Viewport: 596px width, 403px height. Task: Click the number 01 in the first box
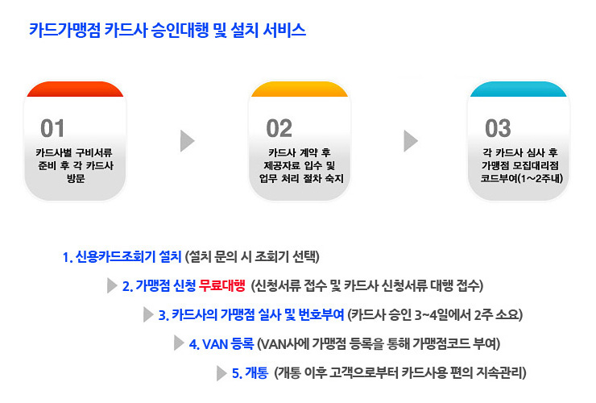click(x=52, y=128)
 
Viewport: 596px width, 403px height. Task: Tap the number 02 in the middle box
click(x=279, y=128)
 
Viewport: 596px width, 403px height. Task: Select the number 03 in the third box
click(x=498, y=128)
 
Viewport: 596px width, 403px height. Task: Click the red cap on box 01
click(x=75, y=89)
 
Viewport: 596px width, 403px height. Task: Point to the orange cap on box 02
click(x=300, y=89)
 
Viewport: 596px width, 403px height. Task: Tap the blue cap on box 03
click(x=519, y=89)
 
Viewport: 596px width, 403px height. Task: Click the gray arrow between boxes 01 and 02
click(x=187, y=141)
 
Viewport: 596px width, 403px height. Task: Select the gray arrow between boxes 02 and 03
click(x=411, y=141)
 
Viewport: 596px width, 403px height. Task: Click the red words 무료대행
click(x=222, y=285)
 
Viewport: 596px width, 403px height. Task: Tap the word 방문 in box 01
click(x=76, y=178)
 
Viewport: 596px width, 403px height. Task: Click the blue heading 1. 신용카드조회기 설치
click(x=122, y=257)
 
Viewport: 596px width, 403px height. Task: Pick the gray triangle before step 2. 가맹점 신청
click(x=112, y=285)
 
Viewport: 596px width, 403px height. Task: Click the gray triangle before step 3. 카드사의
click(x=148, y=314)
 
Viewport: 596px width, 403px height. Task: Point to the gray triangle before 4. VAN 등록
click(x=179, y=343)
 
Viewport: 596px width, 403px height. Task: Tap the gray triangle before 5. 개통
click(x=221, y=373)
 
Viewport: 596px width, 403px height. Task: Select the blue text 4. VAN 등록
click(x=221, y=344)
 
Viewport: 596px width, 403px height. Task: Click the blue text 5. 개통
click(x=250, y=373)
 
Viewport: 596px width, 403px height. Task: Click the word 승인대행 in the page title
click(x=180, y=30)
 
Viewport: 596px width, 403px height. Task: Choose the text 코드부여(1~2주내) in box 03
click(x=522, y=178)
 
